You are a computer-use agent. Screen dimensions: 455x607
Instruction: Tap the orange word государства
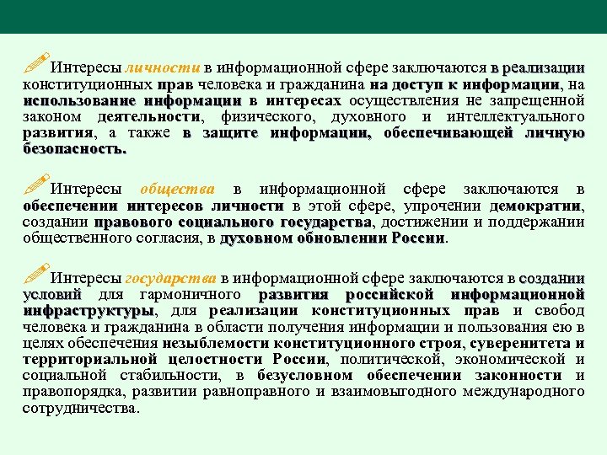pyautogui.click(x=170, y=279)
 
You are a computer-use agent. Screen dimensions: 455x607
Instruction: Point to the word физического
pyautogui.click(x=257, y=117)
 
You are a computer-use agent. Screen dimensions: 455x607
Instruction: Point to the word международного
pyautogui.click(x=513, y=391)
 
